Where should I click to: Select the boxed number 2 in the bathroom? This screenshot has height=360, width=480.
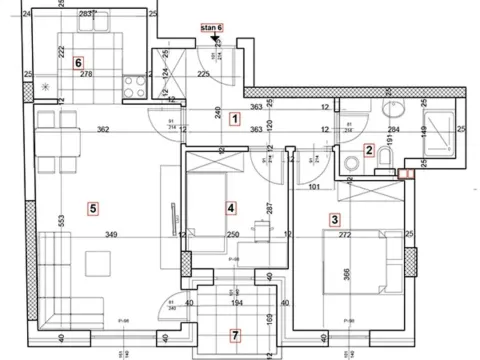369,151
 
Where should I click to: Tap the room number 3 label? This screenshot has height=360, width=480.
335,220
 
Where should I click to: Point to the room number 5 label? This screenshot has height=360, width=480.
92,208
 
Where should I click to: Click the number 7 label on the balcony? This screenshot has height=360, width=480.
235,334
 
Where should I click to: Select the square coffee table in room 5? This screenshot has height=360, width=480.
98,263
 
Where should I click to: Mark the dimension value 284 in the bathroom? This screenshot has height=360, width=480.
393,129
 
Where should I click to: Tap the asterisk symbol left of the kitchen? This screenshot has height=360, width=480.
45,88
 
